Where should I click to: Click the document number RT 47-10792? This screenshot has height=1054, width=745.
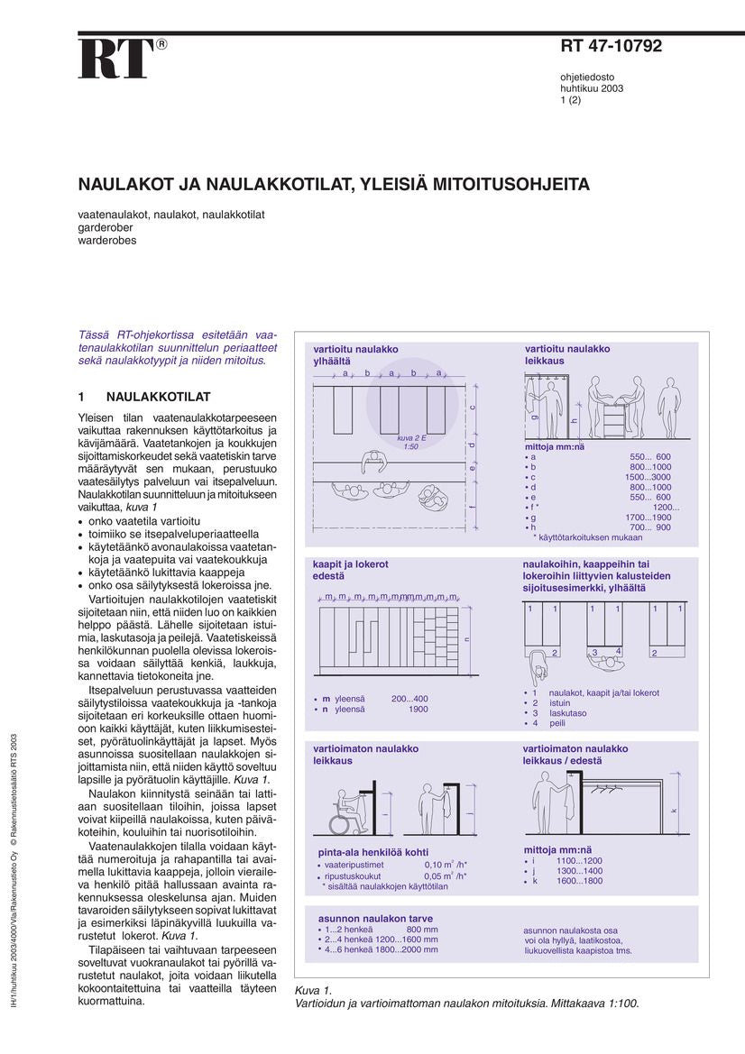(x=611, y=47)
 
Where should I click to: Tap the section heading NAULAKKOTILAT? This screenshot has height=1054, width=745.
(x=158, y=397)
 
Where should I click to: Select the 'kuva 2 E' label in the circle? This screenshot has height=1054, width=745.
(x=410, y=438)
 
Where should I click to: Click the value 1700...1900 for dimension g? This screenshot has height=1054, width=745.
(x=648, y=518)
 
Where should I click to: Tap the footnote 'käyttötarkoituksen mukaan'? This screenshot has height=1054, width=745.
(x=591, y=537)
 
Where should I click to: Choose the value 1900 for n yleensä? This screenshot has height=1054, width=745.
(x=418, y=710)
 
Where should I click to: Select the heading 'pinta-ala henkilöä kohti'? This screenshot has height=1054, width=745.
(x=373, y=852)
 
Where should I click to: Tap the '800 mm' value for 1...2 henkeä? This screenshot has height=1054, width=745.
(x=422, y=929)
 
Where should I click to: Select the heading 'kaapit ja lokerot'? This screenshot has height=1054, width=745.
(x=351, y=564)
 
